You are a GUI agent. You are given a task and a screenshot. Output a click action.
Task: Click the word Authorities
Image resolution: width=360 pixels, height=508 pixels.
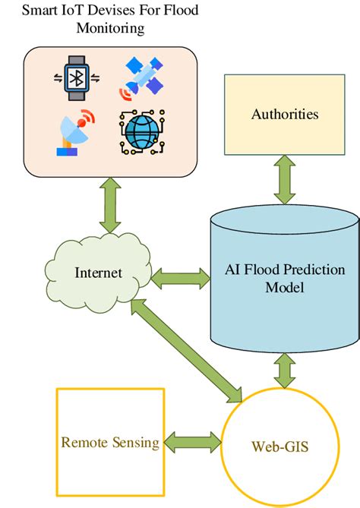(285, 114)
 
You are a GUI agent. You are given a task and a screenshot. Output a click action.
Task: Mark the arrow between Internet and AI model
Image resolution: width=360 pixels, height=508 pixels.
(180, 278)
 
